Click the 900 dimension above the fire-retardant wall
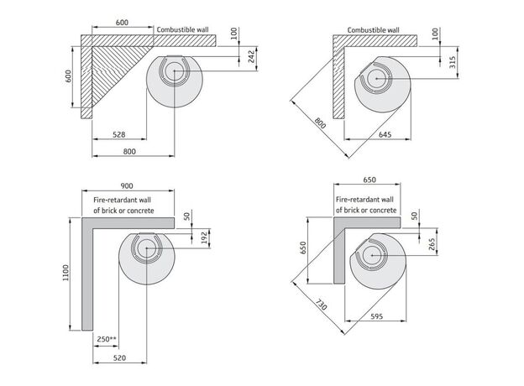(128, 185)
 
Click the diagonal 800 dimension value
(320, 123)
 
